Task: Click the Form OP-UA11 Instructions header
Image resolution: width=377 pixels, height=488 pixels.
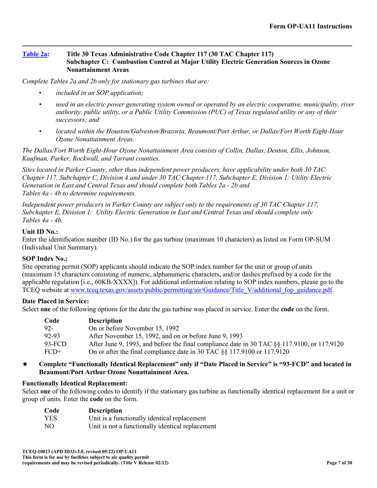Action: click(x=310, y=27)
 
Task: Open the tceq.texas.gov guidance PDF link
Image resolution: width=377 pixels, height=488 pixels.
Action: click(x=201, y=290)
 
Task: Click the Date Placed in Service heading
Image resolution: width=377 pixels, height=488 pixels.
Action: click(x=56, y=301)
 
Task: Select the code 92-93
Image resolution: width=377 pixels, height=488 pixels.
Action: click(x=52, y=336)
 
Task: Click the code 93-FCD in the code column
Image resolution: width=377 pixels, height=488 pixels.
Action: click(x=55, y=344)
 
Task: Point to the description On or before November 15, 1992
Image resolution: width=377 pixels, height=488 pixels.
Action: click(x=133, y=328)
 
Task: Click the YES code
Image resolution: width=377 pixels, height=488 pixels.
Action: click(x=50, y=418)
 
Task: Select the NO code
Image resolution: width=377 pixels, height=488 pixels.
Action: click(x=49, y=426)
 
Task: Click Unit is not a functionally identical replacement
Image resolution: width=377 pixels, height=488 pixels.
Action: click(x=152, y=426)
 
